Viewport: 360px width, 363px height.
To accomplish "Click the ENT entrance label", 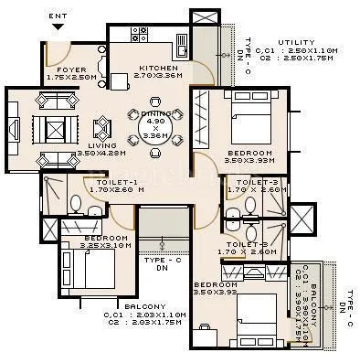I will pyautogui.click(x=57, y=15).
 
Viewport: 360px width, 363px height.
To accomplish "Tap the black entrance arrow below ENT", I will pyautogui.click(x=57, y=28).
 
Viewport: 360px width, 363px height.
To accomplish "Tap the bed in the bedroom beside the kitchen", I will pyautogui.click(x=247, y=123).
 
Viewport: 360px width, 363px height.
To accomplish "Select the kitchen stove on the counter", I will pyautogui.click(x=140, y=35).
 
